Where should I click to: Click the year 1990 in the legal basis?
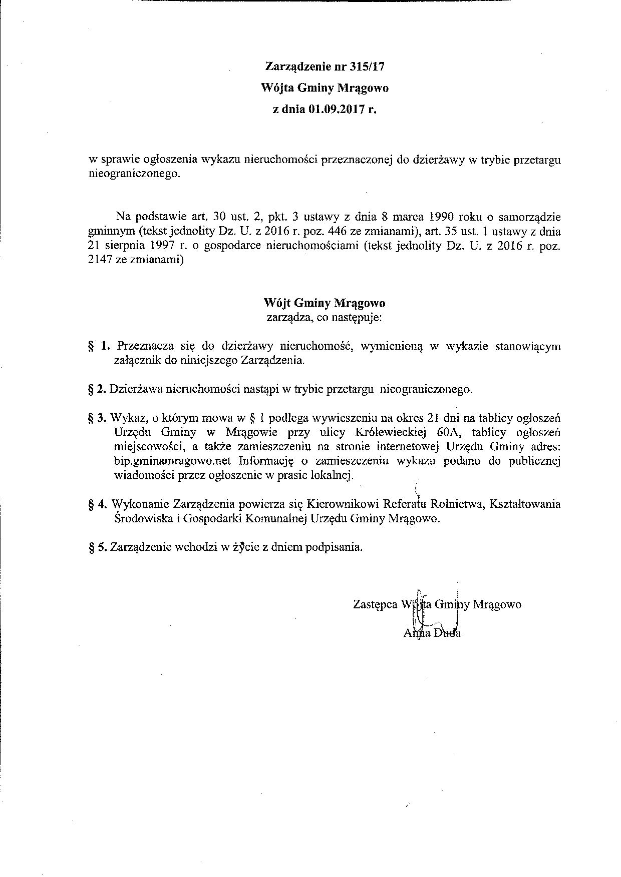(x=442, y=217)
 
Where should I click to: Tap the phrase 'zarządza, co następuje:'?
(x=324, y=317)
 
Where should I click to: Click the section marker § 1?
(x=98, y=346)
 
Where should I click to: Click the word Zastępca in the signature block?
(x=375, y=604)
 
